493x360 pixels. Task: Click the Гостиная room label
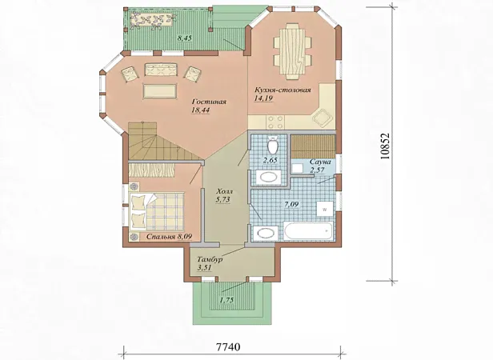[209, 102]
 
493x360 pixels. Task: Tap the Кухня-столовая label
[283, 90]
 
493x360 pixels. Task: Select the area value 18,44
[200, 110]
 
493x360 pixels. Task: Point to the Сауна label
[320, 162]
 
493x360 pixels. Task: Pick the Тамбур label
[210, 259]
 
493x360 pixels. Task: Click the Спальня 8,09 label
[169, 237]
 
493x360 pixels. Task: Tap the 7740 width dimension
[228, 346]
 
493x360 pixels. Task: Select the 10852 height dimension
[385, 146]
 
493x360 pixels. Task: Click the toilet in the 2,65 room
[272, 145]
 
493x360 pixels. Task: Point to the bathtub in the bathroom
[308, 231]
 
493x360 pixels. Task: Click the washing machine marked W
[324, 209]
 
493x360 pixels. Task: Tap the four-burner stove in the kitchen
[275, 122]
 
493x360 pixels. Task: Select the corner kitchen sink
[323, 117]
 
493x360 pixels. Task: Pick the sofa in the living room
[160, 70]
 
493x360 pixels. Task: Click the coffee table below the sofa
[160, 91]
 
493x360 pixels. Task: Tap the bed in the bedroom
[157, 211]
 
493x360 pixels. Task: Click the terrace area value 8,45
[185, 38]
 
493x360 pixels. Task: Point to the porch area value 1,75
[226, 300]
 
